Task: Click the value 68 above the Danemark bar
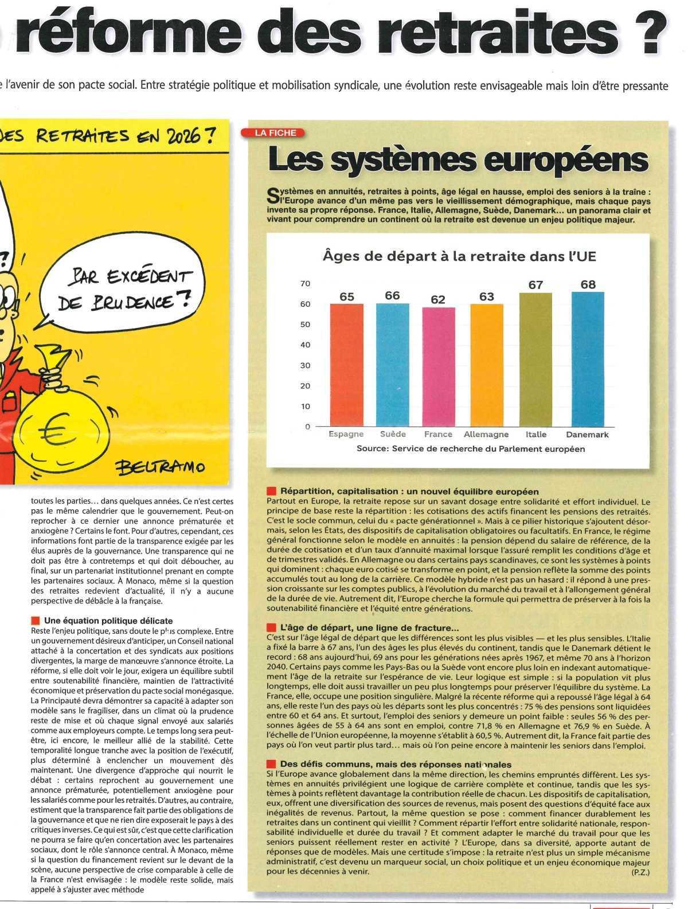(x=588, y=284)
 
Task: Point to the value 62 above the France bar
(x=439, y=299)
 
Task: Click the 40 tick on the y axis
(x=305, y=345)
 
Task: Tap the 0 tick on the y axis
(x=307, y=427)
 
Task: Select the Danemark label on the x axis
(x=587, y=435)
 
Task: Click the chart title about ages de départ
(x=459, y=256)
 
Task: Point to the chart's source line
(x=471, y=449)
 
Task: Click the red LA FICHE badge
(x=276, y=132)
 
